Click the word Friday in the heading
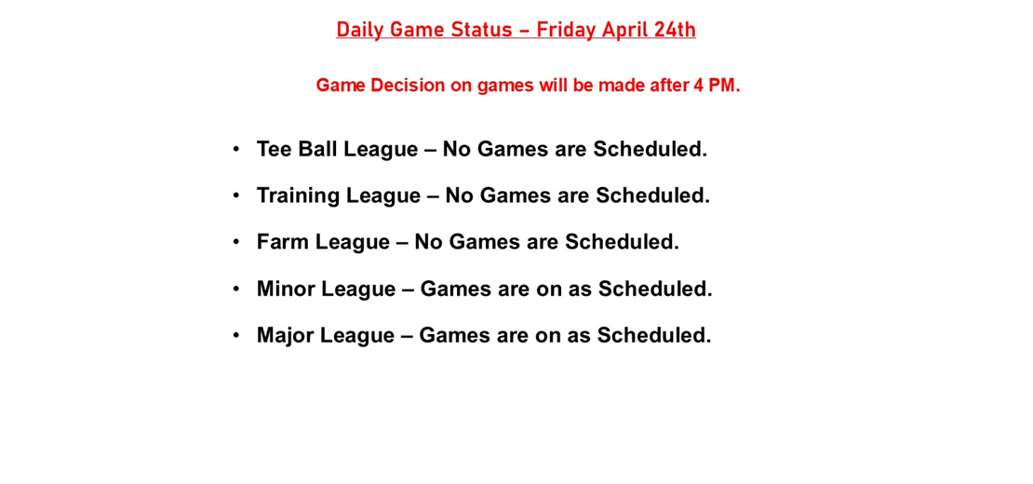[x=567, y=30]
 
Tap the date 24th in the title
[x=675, y=30]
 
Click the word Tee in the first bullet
[x=274, y=149]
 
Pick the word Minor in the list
[x=286, y=289]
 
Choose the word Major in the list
[x=285, y=335]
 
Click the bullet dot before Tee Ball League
[x=236, y=148]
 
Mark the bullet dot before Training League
[x=236, y=195]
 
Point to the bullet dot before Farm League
[x=236, y=241]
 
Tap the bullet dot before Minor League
[x=236, y=288]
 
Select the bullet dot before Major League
[x=236, y=334]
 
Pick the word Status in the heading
[x=482, y=30]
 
